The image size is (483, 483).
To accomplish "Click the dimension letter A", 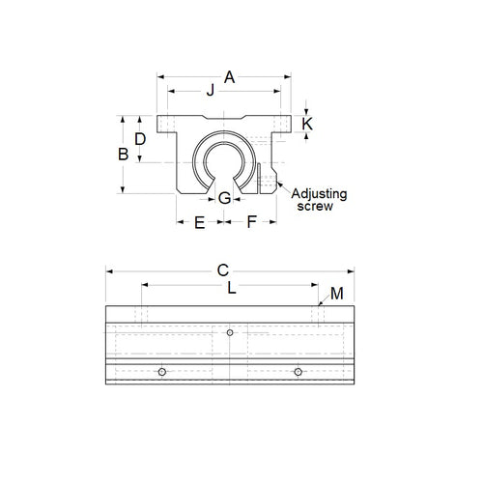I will pyautogui.click(x=229, y=75).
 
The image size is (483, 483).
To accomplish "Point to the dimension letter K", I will pyautogui.click(x=307, y=124).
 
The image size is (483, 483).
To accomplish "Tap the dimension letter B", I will pyautogui.click(x=123, y=155).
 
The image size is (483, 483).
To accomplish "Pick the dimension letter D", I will pyautogui.click(x=141, y=139).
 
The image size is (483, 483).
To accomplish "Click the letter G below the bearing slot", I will pyautogui.click(x=224, y=198).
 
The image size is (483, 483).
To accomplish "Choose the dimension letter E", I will pyautogui.click(x=199, y=222).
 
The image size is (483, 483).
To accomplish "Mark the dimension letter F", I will pyautogui.click(x=250, y=222).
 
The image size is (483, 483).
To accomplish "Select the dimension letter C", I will pyautogui.click(x=222, y=271).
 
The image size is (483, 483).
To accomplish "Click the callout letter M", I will pyautogui.click(x=336, y=293).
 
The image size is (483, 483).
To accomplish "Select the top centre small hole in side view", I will pyautogui.click(x=230, y=333).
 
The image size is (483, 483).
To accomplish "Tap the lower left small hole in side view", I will pyautogui.click(x=162, y=372).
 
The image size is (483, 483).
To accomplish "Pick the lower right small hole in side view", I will pyautogui.click(x=298, y=372).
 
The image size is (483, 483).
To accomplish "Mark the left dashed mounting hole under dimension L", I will pyautogui.click(x=142, y=316).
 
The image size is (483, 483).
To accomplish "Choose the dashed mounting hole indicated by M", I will pyautogui.click(x=317, y=316).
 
